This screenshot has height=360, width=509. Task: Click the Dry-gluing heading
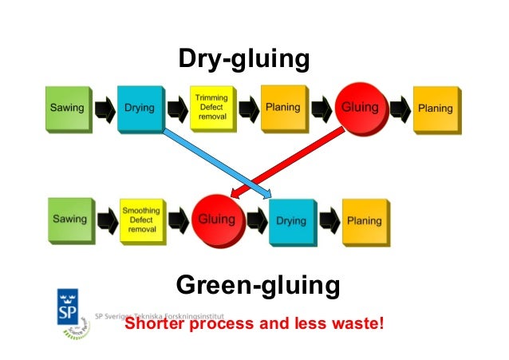click(x=243, y=59)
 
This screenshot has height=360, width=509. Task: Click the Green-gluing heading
click(x=257, y=285)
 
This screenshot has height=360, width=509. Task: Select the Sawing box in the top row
click(x=66, y=109)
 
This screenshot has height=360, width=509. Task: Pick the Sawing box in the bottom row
click(x=69, y=219)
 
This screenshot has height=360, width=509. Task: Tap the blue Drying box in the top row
click(x=140, y=109)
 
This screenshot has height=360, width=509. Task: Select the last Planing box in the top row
click(x=435, y=109)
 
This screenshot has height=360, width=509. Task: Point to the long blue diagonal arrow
click(x=215, y=164)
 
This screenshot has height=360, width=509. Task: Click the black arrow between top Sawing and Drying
click(x=104, y=109)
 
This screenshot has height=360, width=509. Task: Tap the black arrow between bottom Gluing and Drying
click(x=255, y=220)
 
